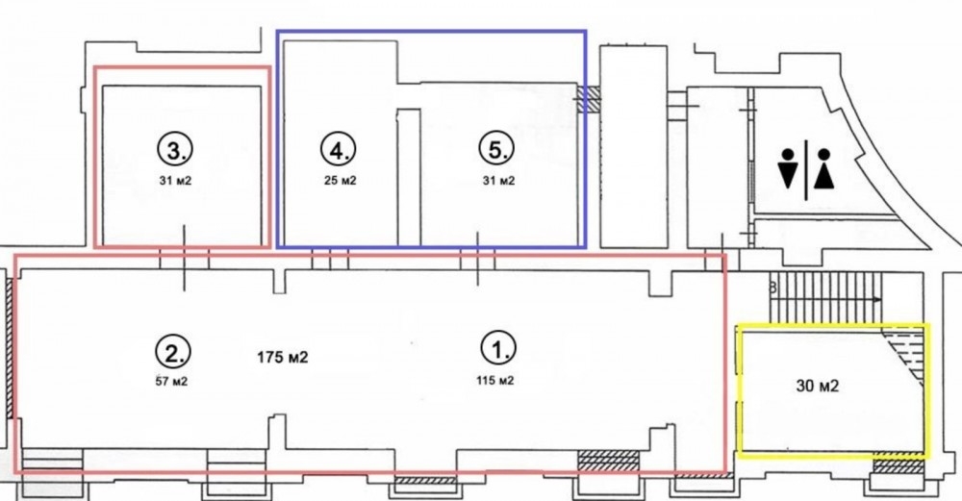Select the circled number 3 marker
point(175,150)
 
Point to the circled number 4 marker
point(338,150)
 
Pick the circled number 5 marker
point(495,150)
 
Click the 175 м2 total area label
point(282,358)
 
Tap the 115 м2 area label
point(494,381)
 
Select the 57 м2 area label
point(172,382)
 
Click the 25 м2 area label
point(341,181)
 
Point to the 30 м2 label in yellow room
point(817,386)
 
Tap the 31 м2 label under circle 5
point(498,181)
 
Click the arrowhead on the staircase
point(877,299)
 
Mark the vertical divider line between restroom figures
point(805,170)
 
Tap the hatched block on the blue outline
point(587,98)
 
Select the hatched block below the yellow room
point(898,465)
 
